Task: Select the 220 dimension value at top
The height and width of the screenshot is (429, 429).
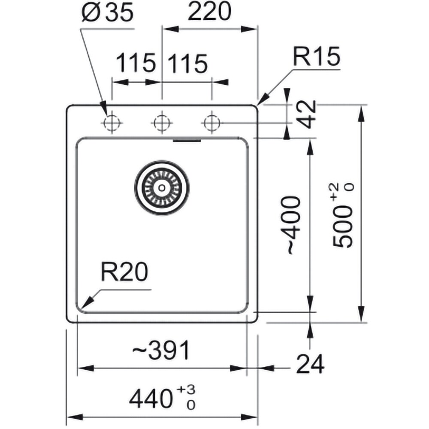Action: [x=209, y=12]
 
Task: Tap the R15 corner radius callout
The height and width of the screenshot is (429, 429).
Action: [x=316, y=57]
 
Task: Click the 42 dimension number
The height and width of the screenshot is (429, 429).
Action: [x=307, y=114]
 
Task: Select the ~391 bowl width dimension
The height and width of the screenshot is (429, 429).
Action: [x=161, y=350]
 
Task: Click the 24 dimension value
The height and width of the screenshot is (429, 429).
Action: [x=310, y=364]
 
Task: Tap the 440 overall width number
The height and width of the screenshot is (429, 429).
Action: [x=151, y=400]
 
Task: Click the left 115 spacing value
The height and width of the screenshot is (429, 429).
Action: [x=136, y=63]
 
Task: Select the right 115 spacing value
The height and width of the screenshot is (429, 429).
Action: [x=187, y=64]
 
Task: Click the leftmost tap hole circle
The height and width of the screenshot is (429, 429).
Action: [x=112, y=123]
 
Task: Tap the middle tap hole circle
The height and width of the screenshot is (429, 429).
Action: [x=162, y=123]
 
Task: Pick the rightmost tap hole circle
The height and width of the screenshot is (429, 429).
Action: [x=211, y=123]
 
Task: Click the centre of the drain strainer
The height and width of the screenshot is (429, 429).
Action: [x=162, y=188]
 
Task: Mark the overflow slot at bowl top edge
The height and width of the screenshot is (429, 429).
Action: [x=187, y=141]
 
